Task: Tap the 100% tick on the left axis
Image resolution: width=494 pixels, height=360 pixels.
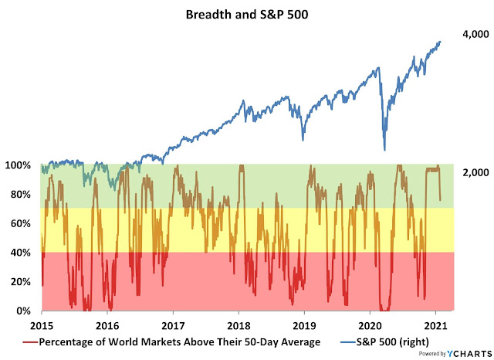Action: click(x=20, y=166)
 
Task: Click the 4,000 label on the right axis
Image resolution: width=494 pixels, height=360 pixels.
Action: click(x=475, y=35)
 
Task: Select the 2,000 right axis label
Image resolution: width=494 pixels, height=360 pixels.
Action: click(x=475, y=172)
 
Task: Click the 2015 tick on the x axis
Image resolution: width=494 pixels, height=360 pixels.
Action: click(x=42, y=326)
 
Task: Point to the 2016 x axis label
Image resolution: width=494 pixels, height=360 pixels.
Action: click(x=107, y=326)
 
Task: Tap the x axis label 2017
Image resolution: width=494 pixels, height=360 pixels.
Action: click(x=173, y=326)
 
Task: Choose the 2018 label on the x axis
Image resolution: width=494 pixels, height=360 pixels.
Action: click(x=239, y=326)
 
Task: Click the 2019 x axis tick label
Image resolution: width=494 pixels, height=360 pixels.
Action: click(x=305, y=326)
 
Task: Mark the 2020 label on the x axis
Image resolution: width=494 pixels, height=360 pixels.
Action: click(x=370, y=326)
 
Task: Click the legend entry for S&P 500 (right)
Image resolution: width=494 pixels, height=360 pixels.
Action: click(x=383, y=341)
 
